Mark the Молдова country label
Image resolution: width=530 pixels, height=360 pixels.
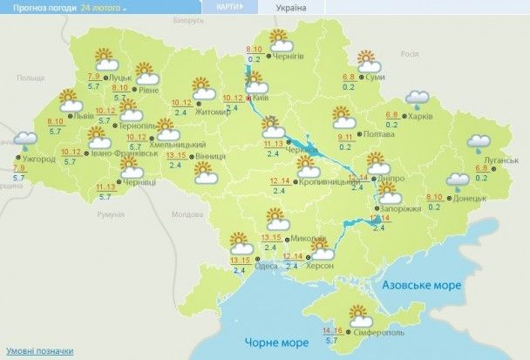point(187,214)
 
